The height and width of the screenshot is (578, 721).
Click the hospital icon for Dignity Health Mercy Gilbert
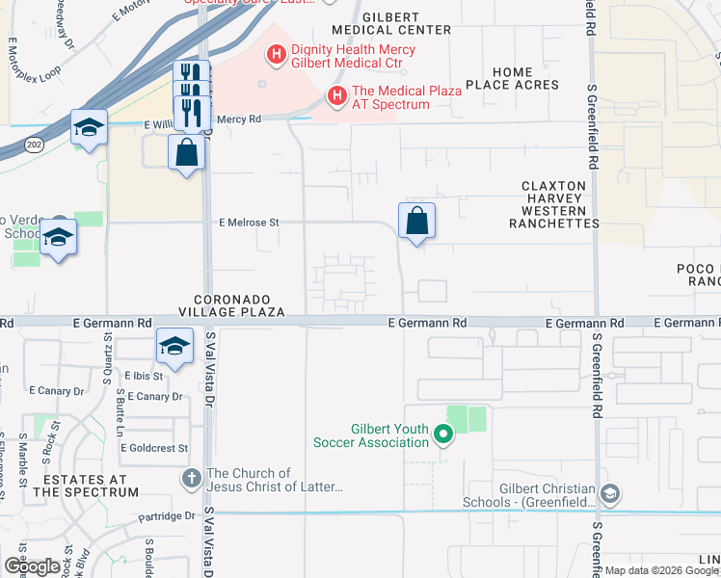tap(277, 56)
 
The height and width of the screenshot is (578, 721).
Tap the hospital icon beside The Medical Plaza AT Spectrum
tap(336, 96)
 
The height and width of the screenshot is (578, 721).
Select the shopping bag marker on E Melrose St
tap(416, 222)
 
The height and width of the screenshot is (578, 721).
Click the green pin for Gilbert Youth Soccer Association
tap(443, 435)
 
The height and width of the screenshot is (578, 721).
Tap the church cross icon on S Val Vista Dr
tap(193, 479)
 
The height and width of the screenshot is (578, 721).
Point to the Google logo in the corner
tap(30, 566)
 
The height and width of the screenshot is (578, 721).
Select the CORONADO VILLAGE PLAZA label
tap(231, 306)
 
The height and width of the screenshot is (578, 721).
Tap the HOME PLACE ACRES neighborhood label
tap(512, 79)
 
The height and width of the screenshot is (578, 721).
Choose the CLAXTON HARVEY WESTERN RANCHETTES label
tap(553, 204)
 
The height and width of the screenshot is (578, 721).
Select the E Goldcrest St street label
tap(154, 448)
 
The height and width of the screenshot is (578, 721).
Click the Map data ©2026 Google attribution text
tap(661, 570)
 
